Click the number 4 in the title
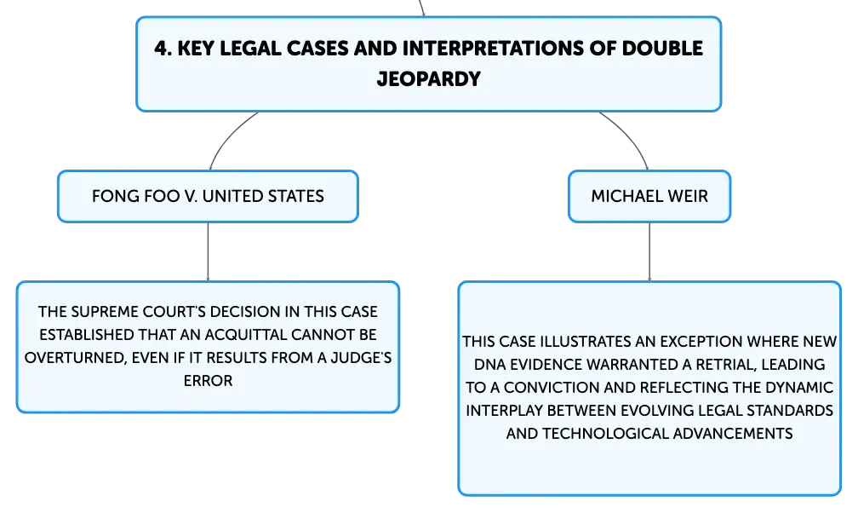coord(159,49)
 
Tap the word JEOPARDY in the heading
coord(428,79)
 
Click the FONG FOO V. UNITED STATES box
coord(208,195)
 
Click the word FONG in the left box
coord(111,195)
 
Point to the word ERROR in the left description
coord(208,381)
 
